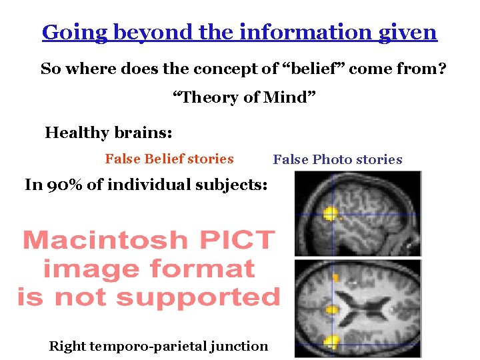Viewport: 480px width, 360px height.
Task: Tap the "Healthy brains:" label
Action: click(109, 133)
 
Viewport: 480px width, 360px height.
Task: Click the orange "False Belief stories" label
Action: click(169, 159)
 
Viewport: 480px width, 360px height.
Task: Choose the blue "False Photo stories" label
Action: click(337, 159)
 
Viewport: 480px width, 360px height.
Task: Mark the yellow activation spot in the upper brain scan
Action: click(329, 214)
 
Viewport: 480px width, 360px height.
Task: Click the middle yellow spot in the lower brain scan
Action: click(331, 309)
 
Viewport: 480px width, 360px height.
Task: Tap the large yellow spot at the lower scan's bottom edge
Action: click(331, 343)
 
